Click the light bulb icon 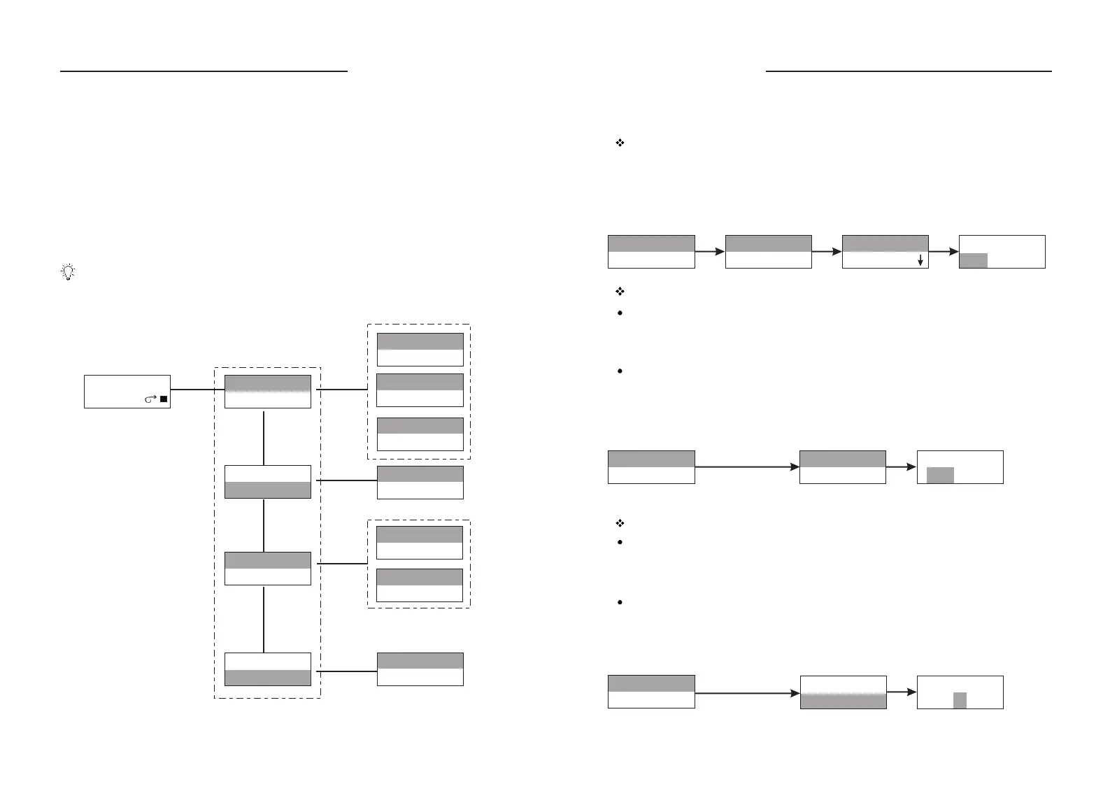[68, 272]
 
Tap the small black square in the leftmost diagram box [163, 399]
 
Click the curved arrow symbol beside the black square [150, 399]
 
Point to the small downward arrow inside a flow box [920, 259]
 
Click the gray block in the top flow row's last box [973, 260]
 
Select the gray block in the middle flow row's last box [940, 475]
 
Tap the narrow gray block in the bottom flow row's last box [960, 700]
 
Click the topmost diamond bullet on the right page [619, 143]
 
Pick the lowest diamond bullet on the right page [619, 523]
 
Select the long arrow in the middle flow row [747, 467]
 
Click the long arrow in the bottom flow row [747, 692]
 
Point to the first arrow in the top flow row [710, 252]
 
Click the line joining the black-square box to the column [197, 390]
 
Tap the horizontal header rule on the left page [204, 71]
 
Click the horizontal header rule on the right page [909, 71]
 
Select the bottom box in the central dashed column [268, 669]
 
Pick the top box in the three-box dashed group [420, 350]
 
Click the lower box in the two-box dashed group [420, 585]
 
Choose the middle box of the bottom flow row [843, 692]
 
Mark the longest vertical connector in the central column [264, 620]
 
